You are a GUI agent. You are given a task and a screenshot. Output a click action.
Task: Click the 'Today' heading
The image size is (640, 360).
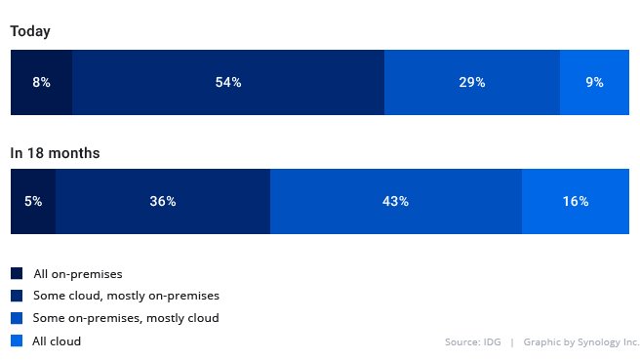30,31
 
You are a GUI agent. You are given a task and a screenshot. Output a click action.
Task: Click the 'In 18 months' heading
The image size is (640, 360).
55,153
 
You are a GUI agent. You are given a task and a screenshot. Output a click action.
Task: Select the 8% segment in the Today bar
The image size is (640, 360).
41,83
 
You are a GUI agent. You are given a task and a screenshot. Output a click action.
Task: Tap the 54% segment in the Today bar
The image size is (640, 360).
228,83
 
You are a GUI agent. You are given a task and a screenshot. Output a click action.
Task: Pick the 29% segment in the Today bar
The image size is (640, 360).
472,83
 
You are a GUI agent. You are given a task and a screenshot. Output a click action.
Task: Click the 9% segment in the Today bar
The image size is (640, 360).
594,83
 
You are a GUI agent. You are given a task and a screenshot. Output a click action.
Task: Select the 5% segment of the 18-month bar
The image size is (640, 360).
33,202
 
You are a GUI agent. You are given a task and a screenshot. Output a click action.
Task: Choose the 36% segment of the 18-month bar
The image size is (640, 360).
163,202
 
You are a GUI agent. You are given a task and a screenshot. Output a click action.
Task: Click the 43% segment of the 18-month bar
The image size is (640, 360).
396,202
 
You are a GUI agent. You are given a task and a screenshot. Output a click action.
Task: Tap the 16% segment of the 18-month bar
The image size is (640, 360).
576,202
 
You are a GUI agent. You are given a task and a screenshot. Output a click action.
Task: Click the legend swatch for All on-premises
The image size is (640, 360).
17,274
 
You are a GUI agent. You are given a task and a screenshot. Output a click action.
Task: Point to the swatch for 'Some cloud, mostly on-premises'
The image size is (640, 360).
17,296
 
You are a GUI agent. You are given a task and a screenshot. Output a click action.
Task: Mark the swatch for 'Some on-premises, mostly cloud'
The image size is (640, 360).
17,318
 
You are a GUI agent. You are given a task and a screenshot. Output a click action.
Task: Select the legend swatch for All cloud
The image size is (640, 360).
17,341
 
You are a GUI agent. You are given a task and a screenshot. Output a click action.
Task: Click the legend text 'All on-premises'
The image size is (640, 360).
77,274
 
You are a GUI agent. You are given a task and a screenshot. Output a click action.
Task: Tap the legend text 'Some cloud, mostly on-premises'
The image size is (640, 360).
126,296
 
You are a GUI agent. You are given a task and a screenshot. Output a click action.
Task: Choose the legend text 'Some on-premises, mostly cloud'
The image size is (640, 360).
126,318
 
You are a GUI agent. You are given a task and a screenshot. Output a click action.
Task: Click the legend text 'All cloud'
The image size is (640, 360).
57,341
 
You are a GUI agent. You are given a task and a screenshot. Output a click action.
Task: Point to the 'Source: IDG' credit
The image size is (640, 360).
472,342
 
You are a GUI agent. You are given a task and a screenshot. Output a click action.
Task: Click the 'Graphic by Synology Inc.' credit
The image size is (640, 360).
580,342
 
